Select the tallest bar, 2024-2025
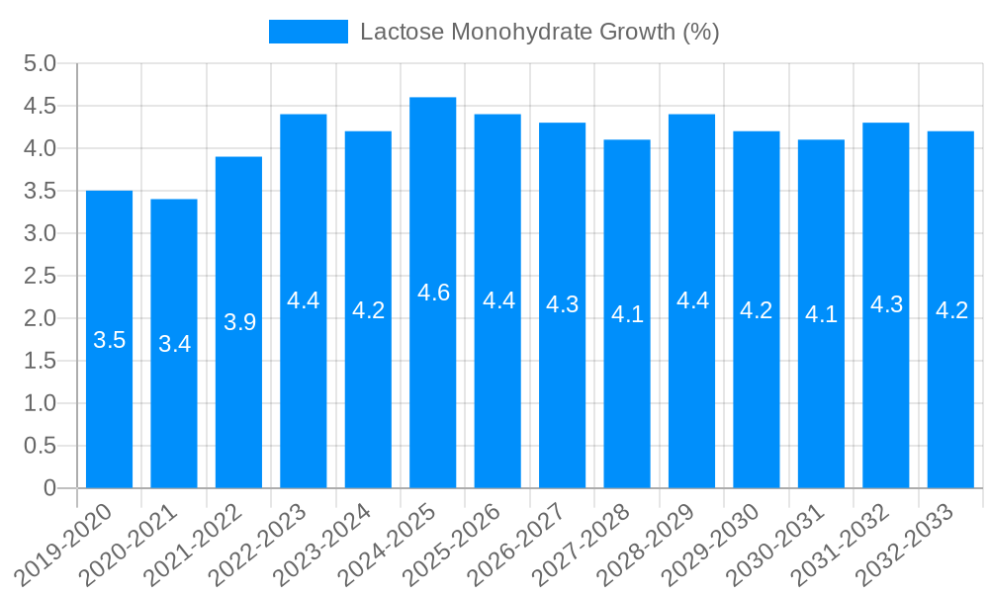tap(433, 395)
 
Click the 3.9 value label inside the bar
tap(239, 322)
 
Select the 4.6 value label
tap(433, 293)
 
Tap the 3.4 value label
tap(174, 344)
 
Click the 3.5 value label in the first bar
tap(109, 340)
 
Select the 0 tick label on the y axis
tap(49, 488)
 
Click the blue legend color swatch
tap(308, 32)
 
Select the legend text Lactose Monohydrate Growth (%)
tap(539, 32)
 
